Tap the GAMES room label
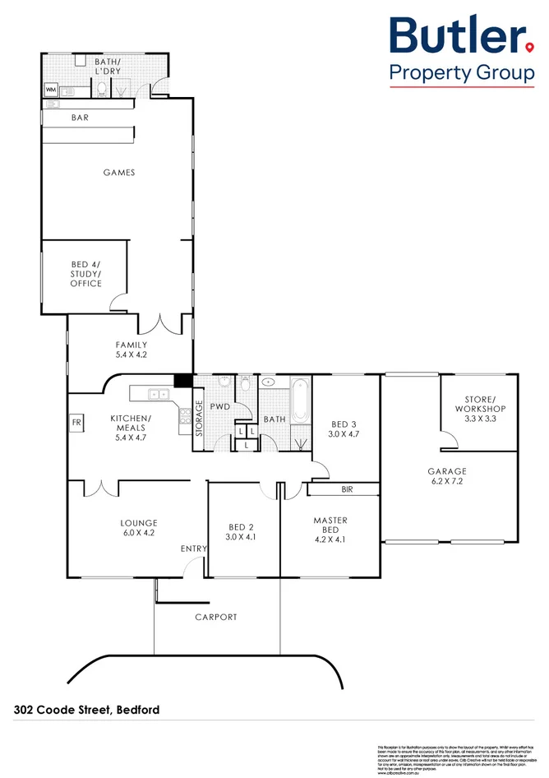(119, 173)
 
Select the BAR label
(80, 118)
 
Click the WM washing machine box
(50, 90)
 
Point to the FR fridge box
(77, 423)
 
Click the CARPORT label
(216, 617)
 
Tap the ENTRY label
(192, 549)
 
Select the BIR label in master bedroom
(346, 489)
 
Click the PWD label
(219, 406)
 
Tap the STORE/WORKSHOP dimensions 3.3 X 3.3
(479, 419)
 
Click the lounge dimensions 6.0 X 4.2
(138, 533)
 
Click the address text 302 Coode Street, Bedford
(85, 709)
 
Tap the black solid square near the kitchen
(182, 381)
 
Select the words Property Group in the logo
(461, 73)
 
